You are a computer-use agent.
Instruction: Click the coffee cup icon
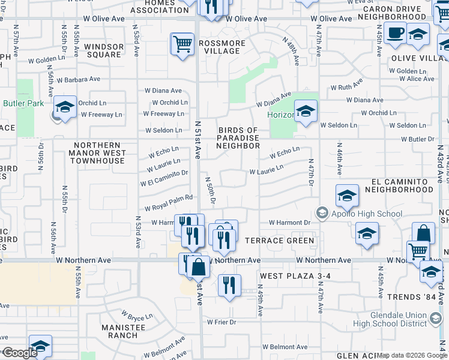[396, 34]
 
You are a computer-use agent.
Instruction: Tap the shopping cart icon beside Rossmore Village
[182, 44]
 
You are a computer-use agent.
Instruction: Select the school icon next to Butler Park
[64, 107]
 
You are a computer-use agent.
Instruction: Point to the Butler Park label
[23, 103]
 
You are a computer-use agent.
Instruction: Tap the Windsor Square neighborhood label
[103, 50]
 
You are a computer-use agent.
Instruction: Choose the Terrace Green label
[280, 241]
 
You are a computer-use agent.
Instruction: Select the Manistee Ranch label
[123, 331]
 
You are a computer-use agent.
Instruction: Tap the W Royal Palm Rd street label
[169, 199]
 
